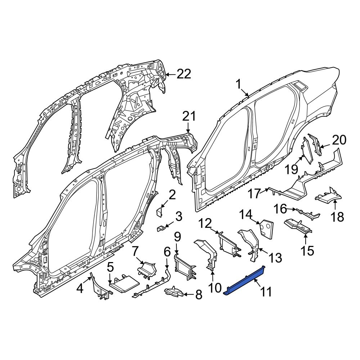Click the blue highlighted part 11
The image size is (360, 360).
244,281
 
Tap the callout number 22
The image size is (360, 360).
184,74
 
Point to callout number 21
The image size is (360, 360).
189,116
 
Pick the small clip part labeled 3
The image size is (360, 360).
161,229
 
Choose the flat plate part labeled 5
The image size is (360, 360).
124,284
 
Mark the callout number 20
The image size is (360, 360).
339,140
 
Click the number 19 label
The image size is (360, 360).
291,170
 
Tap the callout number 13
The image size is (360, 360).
275,258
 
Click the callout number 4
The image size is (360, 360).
80,288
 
